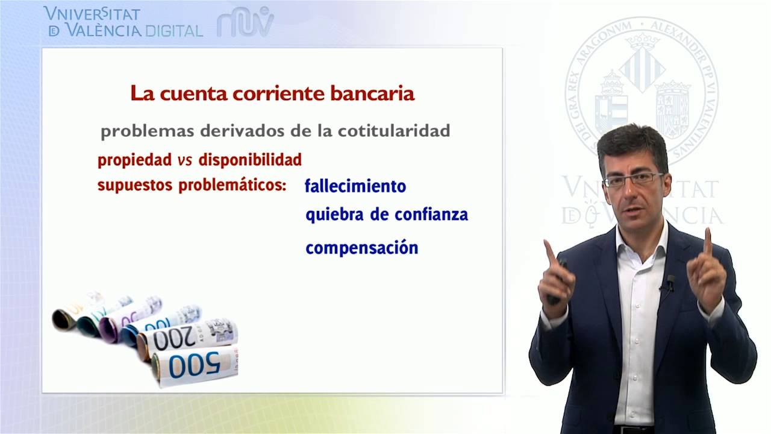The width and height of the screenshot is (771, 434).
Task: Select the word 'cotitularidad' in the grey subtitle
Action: coord(405,131)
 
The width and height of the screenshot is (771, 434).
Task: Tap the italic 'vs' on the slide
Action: coord(184,160)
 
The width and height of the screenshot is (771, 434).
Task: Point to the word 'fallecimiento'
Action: coord(355,186)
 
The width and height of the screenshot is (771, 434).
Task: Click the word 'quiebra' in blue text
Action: coord(333,215)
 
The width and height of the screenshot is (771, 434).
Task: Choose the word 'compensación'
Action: coord(361,248)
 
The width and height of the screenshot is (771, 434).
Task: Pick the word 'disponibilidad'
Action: coord(250,160)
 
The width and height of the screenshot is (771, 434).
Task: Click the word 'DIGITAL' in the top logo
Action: coord(173,31)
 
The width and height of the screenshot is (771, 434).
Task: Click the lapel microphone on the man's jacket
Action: coord(670,281)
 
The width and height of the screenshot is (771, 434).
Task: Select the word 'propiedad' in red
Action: coord(134,160)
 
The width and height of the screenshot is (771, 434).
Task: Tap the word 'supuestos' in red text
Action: coord(134,185)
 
